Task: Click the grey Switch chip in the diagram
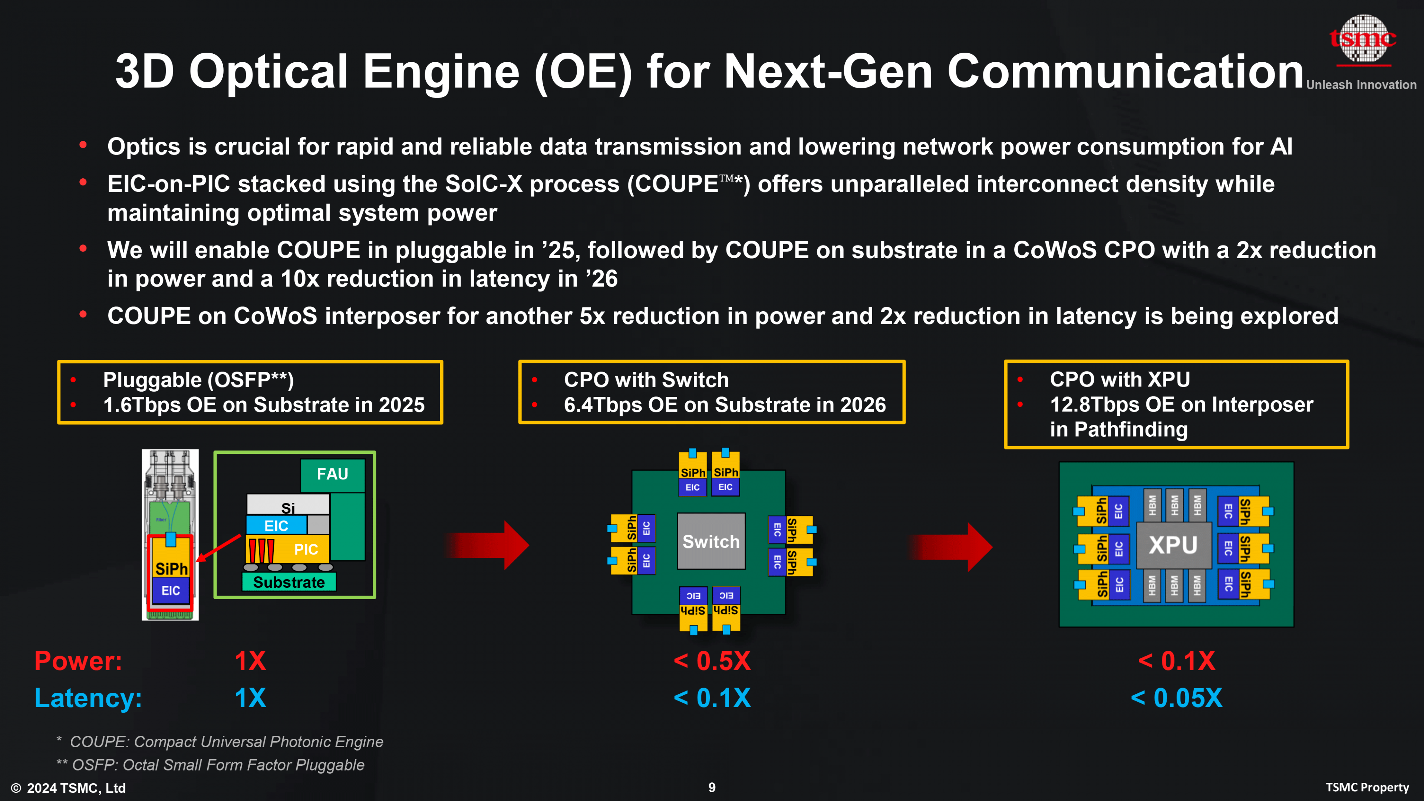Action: tap(711, 541)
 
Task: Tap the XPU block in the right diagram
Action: tap(1173, 545)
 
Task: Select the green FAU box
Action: tap(332, 474)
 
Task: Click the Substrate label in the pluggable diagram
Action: tap(289, 582)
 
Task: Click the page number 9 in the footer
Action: tap(712, 787)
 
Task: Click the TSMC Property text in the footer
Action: tap(1367, 787)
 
